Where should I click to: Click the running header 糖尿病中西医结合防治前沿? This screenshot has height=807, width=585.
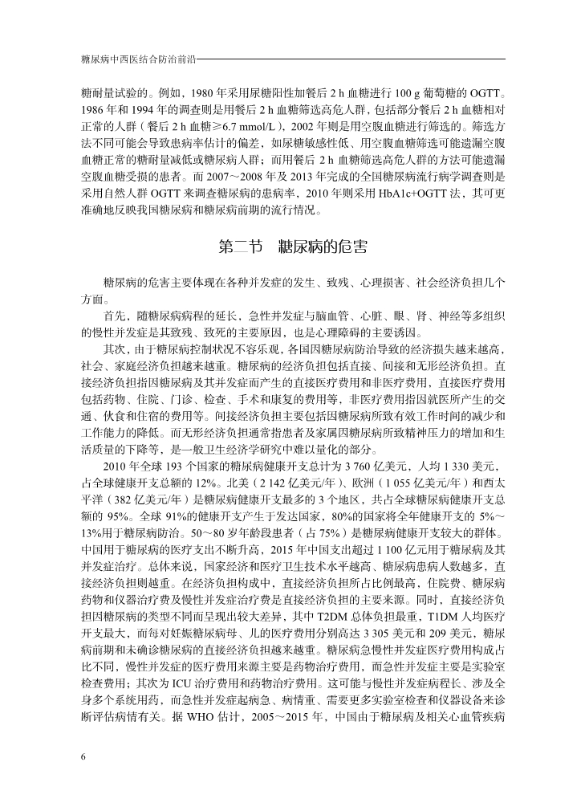coord(138,59)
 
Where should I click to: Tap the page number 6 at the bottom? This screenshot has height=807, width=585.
coord(83,757)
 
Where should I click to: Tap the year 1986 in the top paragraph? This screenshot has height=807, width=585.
coord(92,108)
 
